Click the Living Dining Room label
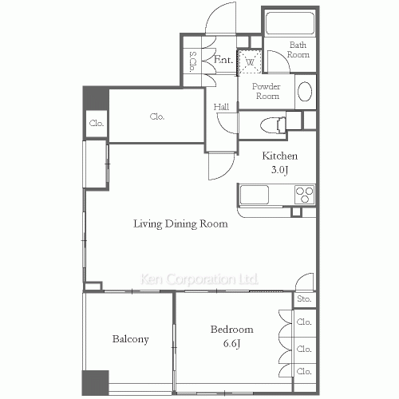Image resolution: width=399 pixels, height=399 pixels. point(180,223)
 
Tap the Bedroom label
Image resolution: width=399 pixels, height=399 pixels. point(232,330)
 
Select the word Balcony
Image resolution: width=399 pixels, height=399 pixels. point(130,339)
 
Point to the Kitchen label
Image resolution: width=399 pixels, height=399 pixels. point(280,156)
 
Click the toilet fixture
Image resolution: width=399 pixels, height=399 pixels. point(273,124)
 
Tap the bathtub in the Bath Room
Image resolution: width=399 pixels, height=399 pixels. point(290,23)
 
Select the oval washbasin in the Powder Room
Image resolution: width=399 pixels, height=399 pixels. point(305,91)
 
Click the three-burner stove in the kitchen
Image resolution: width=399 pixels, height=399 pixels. point(305,195)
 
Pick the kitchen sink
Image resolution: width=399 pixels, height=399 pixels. point(255,195)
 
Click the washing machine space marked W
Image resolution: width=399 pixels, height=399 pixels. point(250,62)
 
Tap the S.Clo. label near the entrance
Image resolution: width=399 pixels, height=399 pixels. point(192,61)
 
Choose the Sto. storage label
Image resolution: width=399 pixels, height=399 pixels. point(304,299)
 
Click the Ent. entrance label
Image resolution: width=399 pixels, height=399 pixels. point(223,59)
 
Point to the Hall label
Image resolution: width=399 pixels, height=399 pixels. point(221,107)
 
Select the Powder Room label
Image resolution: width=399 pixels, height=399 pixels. point(267,91)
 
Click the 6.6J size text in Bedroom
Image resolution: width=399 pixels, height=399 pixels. point(232,343)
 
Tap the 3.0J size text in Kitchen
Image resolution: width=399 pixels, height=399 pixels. point(279,170)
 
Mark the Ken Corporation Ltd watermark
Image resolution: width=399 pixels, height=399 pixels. point(199,279)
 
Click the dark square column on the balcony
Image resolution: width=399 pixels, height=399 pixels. point(95,382)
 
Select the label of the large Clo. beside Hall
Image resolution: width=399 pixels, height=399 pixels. point(157,117)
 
